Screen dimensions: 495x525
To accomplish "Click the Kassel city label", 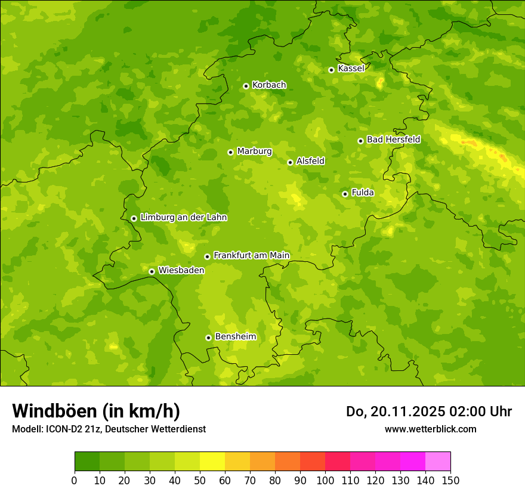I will (x=351, y=69).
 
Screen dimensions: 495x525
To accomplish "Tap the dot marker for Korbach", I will (x=246, y=86).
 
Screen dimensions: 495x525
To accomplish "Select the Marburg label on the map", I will (x=254, y=151).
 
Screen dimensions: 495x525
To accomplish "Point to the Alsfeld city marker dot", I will (x=290, y=162).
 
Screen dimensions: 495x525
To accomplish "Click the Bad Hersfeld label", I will (x=393, y=140).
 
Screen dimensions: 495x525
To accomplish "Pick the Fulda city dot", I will (x=345, y=194).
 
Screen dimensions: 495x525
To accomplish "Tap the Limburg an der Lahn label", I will (x=183, y=218).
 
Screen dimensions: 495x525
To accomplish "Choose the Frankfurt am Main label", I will (x=251, y=255).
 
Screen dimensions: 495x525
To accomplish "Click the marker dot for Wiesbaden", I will (x=152, y=271).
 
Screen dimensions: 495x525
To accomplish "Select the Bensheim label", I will (x=235, y=336).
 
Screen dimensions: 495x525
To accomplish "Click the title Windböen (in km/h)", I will (x=95, y=411).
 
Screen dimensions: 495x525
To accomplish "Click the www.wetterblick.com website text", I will (x=430, y=429).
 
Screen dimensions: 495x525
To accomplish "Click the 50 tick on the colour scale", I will (x=200, y=480).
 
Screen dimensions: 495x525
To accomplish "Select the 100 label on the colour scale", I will (x=325, y=480).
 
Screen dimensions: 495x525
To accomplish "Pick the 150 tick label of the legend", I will (x=450, y=480).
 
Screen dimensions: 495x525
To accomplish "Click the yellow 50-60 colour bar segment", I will (x=212, y=462).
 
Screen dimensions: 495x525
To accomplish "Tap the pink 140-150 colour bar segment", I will (x=438, y=462).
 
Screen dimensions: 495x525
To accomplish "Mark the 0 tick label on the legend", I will (x=75, y=480).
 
